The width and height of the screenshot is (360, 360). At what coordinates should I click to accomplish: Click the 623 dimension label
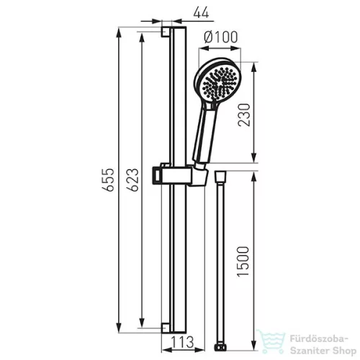click(x=133, y=180)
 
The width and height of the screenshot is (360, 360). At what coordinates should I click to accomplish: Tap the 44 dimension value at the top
click(x=201, y=12)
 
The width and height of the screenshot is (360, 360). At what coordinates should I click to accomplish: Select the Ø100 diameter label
click(x=221, y=37)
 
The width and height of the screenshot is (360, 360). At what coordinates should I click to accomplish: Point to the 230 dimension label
click(x=244, y=114)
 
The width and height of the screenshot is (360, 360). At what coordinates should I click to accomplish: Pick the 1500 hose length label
click(x=243, y=261)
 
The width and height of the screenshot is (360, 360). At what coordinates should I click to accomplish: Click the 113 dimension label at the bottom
click(x=182, y=342)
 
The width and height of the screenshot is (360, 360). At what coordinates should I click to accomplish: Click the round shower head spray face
click(x=219, y=81)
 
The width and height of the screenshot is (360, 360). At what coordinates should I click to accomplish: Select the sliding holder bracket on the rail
click(x=179, y=175)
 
